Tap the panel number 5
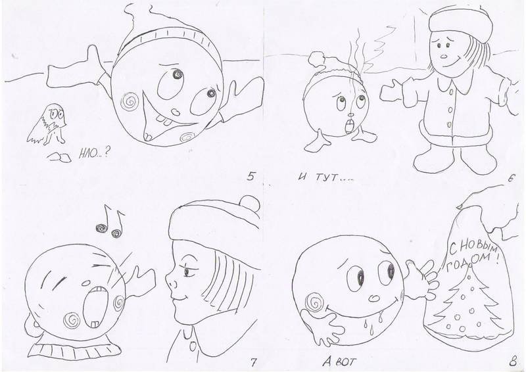251,176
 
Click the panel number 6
511,179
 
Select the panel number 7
253,362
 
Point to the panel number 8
513,362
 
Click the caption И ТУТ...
325,177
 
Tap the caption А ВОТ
339,361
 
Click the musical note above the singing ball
110,222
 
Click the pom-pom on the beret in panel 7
250,203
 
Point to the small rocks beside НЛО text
59,158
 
